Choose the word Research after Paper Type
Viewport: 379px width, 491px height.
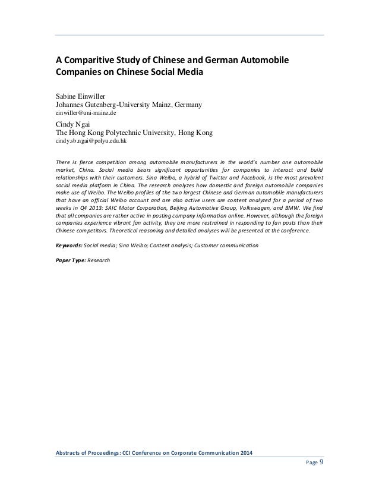click(x=99, y=260)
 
